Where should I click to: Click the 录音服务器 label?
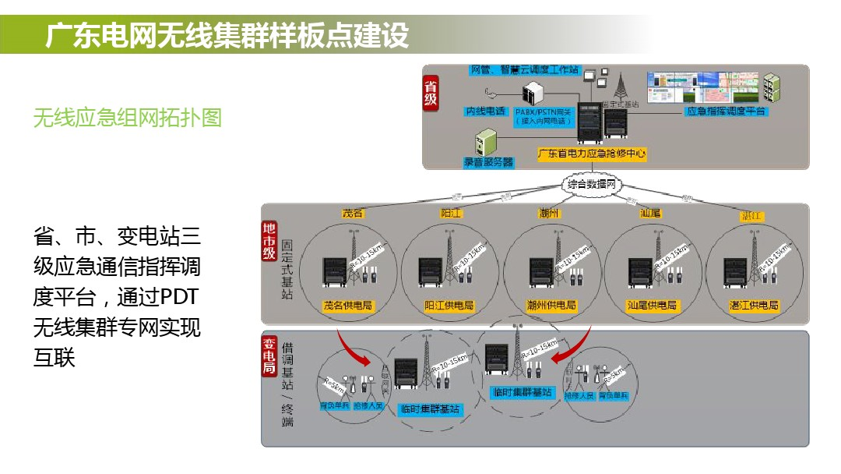[x=488, y=162]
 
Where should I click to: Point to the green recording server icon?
[x=487, y=142]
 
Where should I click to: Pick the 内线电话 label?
[x=485, y=111]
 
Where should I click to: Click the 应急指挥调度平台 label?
[x=727, y=111]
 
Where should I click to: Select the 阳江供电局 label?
[x=449, y=306]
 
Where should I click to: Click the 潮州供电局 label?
[x=551, y=306]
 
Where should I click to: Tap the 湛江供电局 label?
[x=753, y=306]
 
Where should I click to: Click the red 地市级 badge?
[x=269, y=242]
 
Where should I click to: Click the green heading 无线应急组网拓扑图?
[x=128, y=118]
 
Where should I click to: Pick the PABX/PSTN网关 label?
[x=543, y=111]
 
